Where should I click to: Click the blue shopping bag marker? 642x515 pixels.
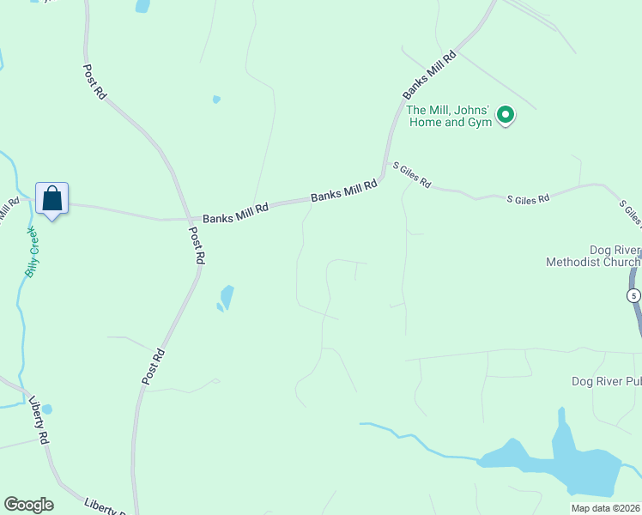point(51,198)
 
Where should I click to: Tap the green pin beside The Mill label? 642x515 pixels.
point(506,114)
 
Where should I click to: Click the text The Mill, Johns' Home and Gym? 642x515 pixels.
point(449,116)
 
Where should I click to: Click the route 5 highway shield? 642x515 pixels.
point(633,295)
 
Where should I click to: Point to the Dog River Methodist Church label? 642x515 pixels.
point(592,257)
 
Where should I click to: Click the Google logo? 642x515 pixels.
point(28,505)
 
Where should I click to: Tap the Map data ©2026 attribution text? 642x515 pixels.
point(606,508)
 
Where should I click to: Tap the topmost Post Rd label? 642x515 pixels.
point(94,82)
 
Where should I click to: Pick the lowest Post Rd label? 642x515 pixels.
point(153,366)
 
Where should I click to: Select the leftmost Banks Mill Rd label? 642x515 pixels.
point(235,210)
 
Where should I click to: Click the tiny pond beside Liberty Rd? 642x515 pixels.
point(46,409)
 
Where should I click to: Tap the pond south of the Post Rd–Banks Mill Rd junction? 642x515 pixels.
point(226,298)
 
